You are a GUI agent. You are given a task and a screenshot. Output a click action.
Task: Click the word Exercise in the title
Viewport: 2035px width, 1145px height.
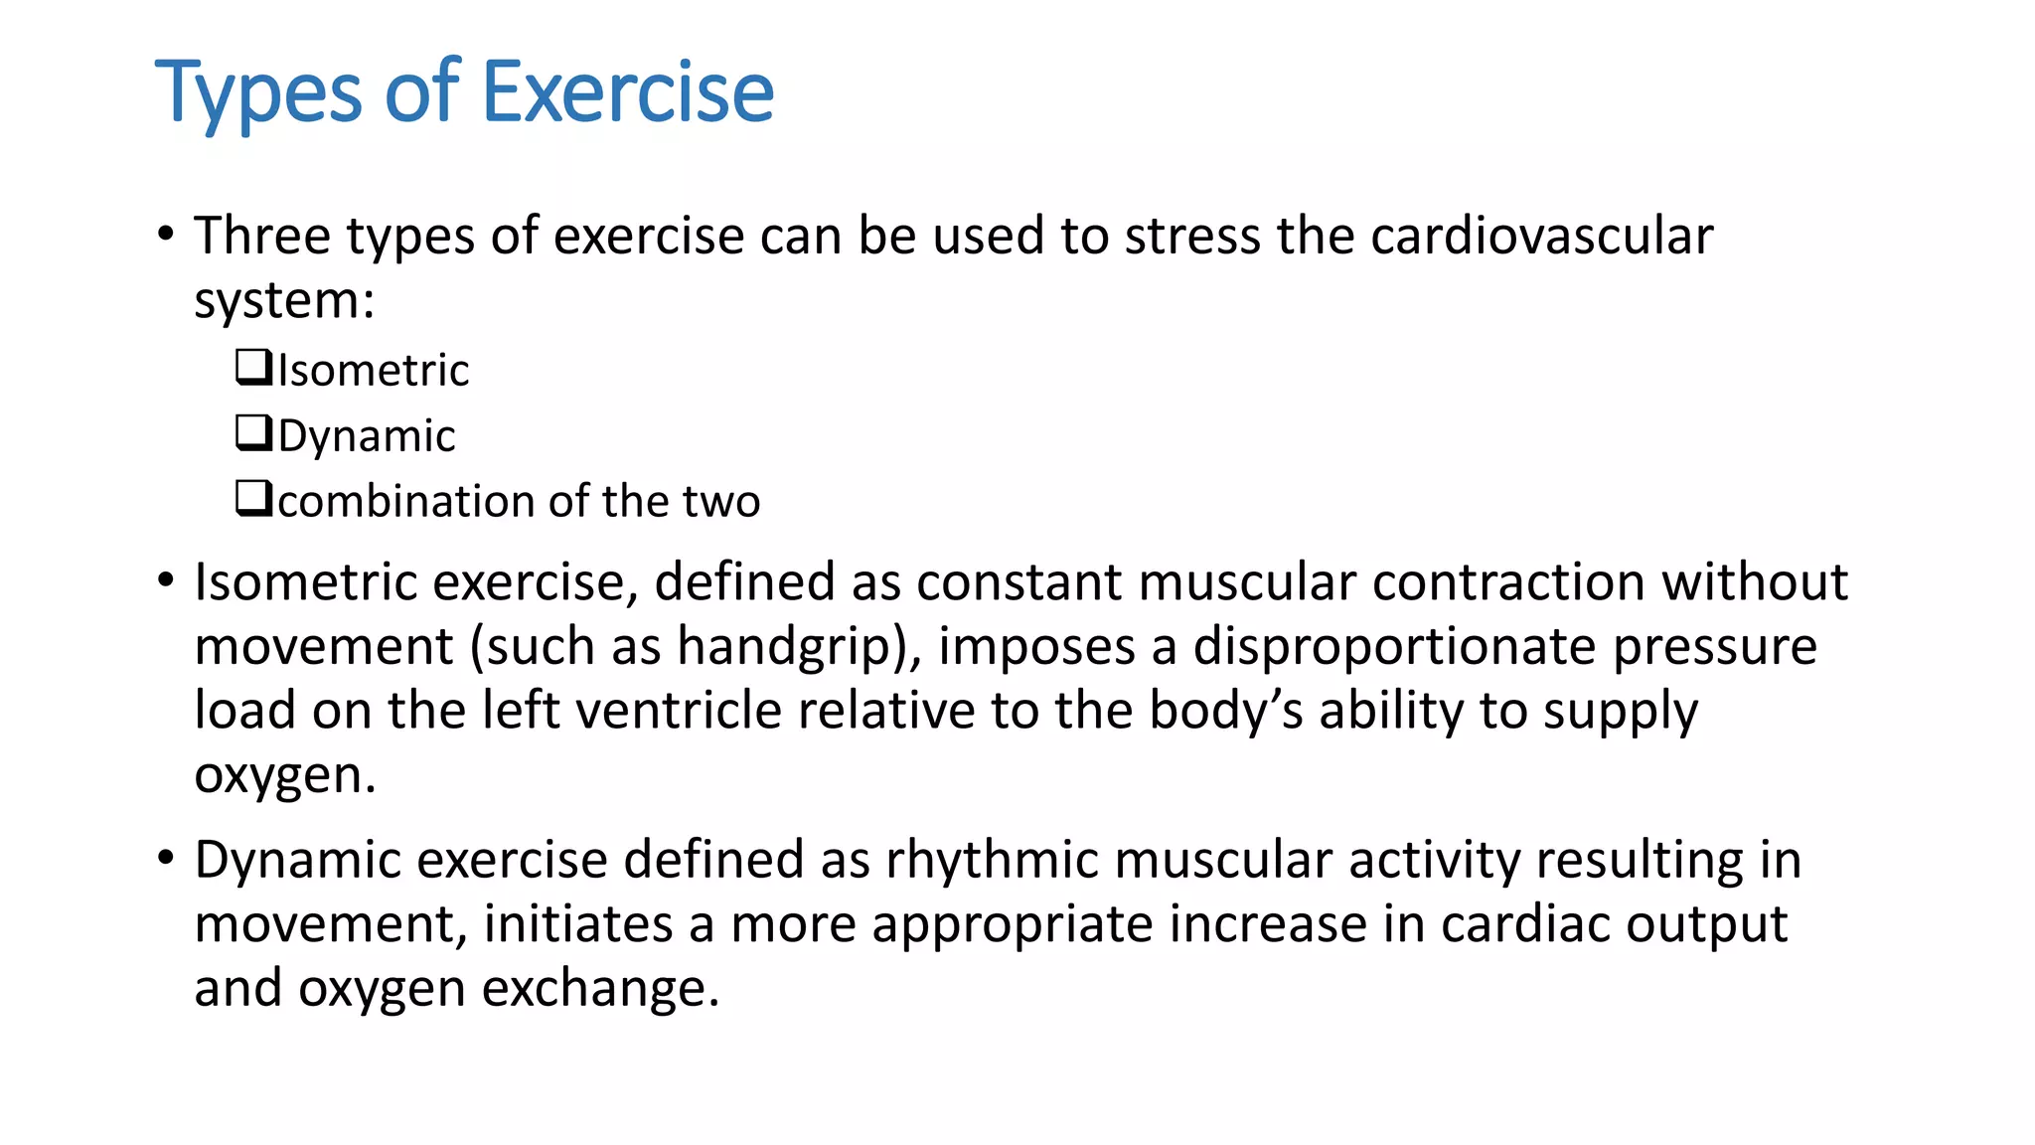click(x=627, y=91)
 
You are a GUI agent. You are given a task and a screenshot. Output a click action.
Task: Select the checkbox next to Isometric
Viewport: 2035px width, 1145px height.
click(x=253, y=367)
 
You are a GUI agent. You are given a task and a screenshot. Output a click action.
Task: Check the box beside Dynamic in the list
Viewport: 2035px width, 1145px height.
click(x=253, y=432)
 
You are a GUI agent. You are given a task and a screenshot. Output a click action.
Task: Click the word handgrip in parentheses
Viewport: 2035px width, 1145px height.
click(x=789, y=647)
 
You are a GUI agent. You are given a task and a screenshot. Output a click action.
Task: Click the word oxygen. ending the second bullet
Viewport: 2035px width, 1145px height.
click(x=285, y=775)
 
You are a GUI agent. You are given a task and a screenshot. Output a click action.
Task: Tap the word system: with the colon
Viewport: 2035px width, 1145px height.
click(x=284, y=301)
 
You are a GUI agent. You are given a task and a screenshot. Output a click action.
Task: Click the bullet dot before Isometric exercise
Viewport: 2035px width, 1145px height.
click(x=166, y=579)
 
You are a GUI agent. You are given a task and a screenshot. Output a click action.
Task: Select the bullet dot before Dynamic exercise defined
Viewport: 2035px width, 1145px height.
click(x=166, y=857)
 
